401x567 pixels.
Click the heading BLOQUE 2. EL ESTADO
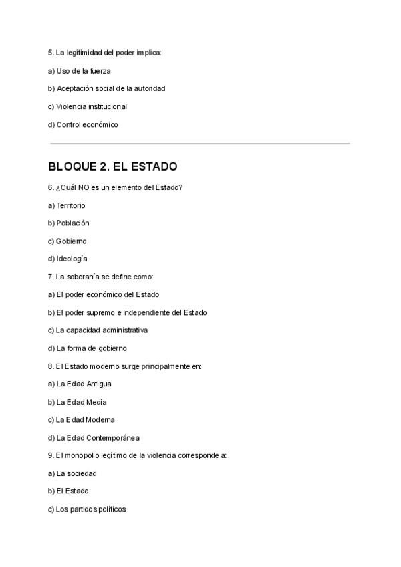pyautogui.click(x=112, y=166)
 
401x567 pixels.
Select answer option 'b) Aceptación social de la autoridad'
pyautogui.click(x=106, y=88)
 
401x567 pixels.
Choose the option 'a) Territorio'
pyautogui.click(x=67, y=205)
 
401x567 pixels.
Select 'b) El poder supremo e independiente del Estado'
pyautogui.click(x=127, y=312)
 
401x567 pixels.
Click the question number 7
pyautogui.click(x=51, y=277)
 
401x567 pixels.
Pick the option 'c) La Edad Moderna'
pyautogui.click(x=82, y=419)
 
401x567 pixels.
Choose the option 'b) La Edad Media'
pyautogui.click(x=78, y=402)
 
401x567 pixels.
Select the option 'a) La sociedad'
pyautogui.click(x=72, y=473)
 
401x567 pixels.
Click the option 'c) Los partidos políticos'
pyautogui.click(x=87, y=509)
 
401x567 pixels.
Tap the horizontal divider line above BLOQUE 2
pyautogui.click(x=200, y=144)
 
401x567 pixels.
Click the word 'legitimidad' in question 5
pyautogui.click(x=85, y=52)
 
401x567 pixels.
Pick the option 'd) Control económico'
pyautogui.click(x=83, y=124)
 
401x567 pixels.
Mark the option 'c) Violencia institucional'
pyautogui.click(x=88, y=106)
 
